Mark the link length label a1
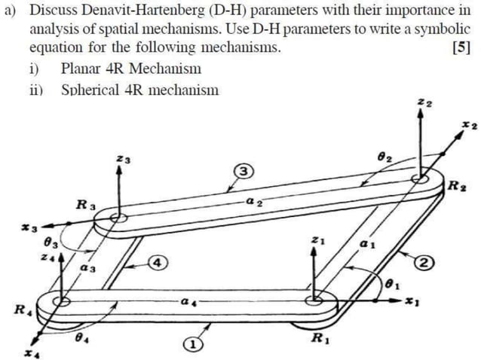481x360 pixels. pyautogui.click(x=367, y=245)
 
